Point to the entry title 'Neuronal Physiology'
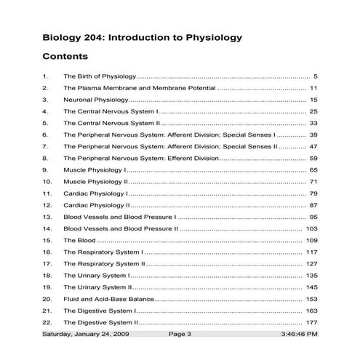coord(96,100)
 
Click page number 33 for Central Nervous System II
coord(313,124)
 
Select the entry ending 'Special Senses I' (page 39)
coord(169,135)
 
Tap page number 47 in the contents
coord(313,147)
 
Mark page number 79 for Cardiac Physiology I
coord(313,194)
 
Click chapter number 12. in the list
coord(47,206)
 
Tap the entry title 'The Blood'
coord(79,241)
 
